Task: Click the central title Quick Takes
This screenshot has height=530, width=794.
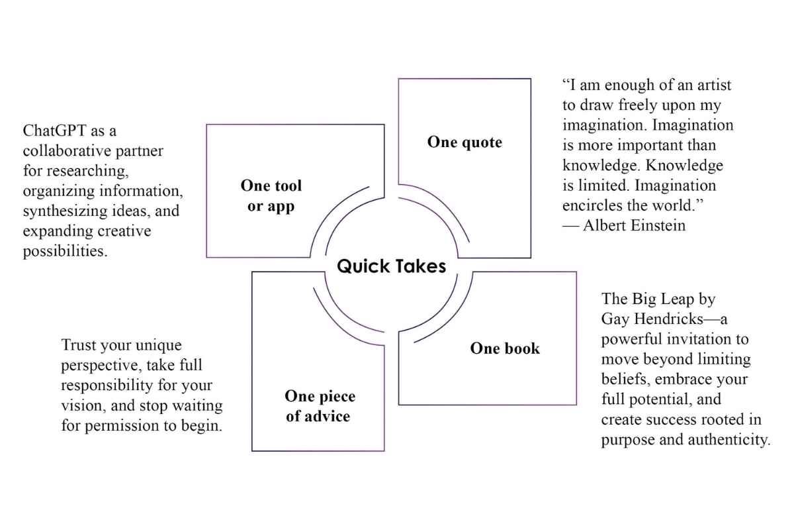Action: tap(391, 266)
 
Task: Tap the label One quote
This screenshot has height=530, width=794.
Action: tap(464, 142)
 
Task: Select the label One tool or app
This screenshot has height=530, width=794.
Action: tap(271, 195)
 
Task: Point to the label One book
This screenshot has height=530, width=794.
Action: tap(505, 348)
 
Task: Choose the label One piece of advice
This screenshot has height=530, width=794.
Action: tap(320, 406)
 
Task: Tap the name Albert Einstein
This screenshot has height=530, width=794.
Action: tap(634, 225)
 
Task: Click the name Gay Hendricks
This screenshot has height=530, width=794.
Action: tap(652, 319)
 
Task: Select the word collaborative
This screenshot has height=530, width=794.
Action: tap(67, 151)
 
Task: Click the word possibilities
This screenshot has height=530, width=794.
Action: tap(65, 251)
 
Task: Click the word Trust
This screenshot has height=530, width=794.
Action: tap(77, 344)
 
